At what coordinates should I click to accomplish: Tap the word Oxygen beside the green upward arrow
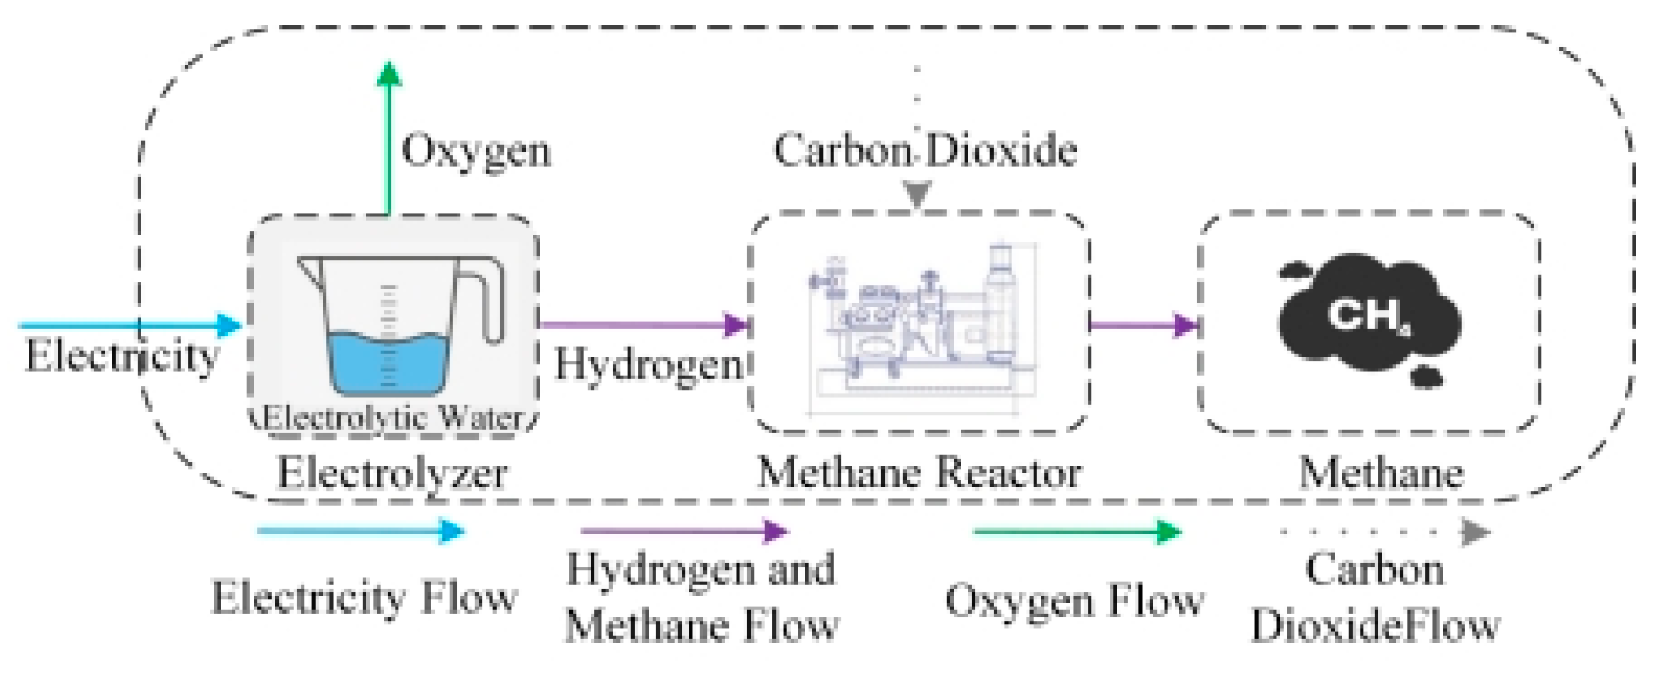tap(476, 151)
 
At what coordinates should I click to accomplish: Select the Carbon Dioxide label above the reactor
tap(925, 150)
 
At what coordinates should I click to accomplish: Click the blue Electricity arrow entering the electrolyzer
tap(131, 325)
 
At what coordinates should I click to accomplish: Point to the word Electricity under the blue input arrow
tap(121, 356)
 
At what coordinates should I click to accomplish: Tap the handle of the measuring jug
tap(488, 296)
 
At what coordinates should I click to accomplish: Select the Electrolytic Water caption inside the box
tap(393, 417)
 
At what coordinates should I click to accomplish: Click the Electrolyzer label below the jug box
tap(392, 473)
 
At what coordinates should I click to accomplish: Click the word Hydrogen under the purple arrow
tap(648, 364)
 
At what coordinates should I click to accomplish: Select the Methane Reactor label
tap(920, 473)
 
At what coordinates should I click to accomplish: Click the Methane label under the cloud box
tap(1382, 473)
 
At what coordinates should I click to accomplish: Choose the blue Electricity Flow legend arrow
tap(360, 530)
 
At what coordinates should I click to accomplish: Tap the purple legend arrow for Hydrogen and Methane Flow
tap(684, 530)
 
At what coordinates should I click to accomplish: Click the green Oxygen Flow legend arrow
tap(1077, 531)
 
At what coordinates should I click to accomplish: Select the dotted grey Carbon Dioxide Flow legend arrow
tap(1386, 531)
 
